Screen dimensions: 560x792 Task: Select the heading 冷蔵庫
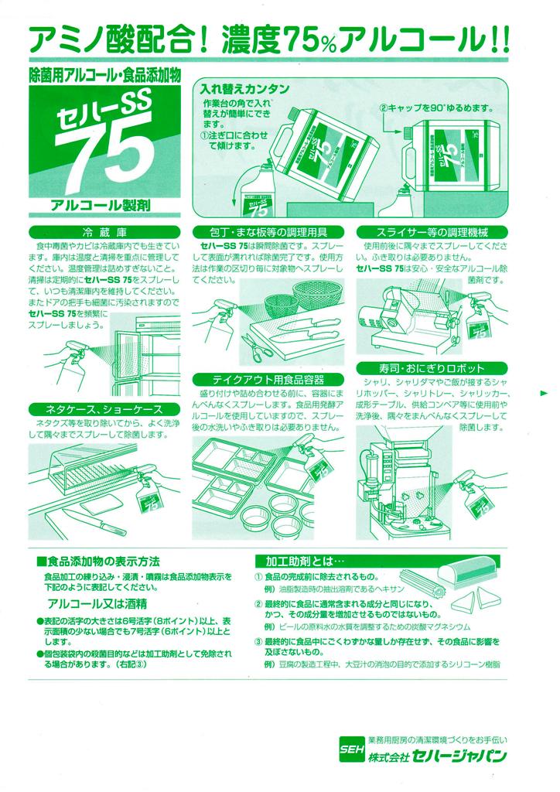(104, 233)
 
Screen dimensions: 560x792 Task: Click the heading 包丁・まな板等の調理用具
(268, 232)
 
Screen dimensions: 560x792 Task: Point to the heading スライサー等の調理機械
(432, 232)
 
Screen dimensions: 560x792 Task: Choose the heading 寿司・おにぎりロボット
(432, 367)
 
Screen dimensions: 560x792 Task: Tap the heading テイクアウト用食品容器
(268, 379)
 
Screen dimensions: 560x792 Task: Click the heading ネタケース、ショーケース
(104, 408)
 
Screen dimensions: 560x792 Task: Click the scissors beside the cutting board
(253, 346)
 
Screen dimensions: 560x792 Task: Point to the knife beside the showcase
(95, 522)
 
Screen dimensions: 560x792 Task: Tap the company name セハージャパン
(459, 756)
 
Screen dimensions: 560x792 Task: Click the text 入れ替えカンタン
(244, 90)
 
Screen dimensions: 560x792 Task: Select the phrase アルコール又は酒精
(97, 603)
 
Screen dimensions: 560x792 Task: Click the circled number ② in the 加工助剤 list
(258, 603)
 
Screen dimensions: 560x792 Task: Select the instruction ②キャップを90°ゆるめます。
(436, 108)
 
